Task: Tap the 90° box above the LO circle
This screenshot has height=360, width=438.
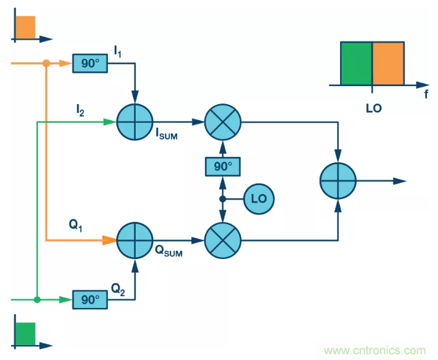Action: click(x=222, y=167)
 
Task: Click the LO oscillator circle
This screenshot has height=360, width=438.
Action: click(x=258, y=199)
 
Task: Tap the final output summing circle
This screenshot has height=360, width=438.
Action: click(x=338, y=181)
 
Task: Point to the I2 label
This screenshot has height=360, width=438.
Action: click(x=81, y=110)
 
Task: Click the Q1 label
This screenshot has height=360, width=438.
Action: click(x=76, y=226)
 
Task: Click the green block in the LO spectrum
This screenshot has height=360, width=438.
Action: click(x=356, y=63)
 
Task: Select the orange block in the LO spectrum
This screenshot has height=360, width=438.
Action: click(x=388, y=63)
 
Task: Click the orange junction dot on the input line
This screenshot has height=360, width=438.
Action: click(x=46, y=63)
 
